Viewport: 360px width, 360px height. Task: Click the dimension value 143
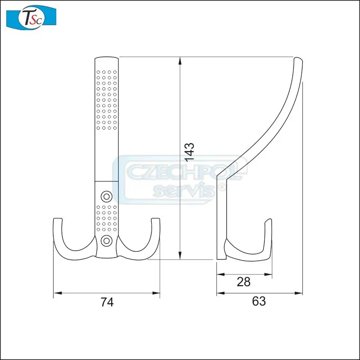pyautogui.click(x=189, y=152)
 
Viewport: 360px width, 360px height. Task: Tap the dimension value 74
pyautogui.click(x=107, y=302)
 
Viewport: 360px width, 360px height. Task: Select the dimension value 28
pyautogui.click(x=243, y=282)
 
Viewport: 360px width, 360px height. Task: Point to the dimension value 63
pyautogui.click(x=259, y=301)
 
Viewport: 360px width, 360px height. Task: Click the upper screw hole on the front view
pyautogui.click(x=107, y=196)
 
